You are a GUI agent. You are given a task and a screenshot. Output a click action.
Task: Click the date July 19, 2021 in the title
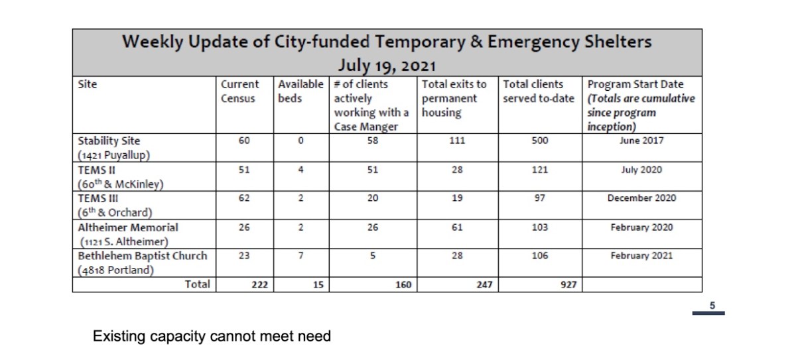point(386,66)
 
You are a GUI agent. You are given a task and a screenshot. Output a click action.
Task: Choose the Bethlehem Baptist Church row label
point(142,255)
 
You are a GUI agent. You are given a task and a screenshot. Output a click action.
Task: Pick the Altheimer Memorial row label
point(127,227)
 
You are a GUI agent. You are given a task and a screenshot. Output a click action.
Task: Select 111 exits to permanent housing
point(457,141)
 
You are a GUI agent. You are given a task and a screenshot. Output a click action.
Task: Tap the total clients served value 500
point(539,141)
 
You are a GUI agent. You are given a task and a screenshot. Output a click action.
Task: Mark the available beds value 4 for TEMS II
point(301,170)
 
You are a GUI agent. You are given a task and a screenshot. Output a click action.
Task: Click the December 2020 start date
point(641,198)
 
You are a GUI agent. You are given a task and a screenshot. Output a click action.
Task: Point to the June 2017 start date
point(641,141)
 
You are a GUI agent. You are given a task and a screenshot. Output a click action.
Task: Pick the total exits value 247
point(484,284)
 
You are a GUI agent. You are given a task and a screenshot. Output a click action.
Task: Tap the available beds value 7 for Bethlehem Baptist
point(301,255)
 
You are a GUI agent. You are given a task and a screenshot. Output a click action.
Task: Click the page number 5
point(711,306)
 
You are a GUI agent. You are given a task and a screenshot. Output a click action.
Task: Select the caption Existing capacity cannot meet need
point(212,337)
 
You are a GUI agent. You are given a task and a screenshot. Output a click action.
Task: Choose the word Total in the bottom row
point(197,284)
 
